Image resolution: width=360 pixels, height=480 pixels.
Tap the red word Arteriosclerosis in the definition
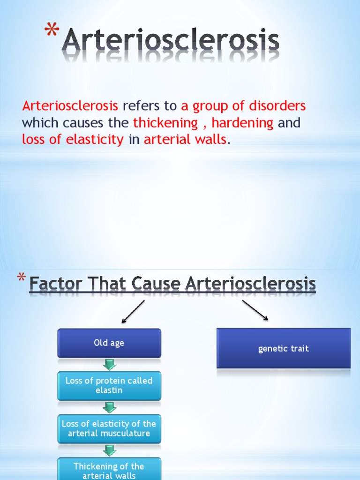(x=70, y=106)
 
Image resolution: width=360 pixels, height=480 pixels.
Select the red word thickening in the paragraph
(x=165, y=123)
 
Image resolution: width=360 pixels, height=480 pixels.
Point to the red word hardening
(x=242, y=123)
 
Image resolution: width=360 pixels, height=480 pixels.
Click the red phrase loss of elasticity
(x=73, y=139)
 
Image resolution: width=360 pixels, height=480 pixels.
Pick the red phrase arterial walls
(x=185, y=139)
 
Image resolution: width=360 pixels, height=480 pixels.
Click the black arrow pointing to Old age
(x=133, y=312)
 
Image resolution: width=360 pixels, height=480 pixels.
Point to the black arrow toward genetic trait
(x=255, y=310)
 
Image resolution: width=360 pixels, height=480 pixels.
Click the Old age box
(x=109, y=343)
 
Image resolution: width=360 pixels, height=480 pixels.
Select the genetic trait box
(x=283, y=348)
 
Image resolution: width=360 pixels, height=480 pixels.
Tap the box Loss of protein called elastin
(x=109, y=385)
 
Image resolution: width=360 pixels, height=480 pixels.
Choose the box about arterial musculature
(x=109, y=428)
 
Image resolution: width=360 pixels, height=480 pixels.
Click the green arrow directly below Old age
(x=109, y=365)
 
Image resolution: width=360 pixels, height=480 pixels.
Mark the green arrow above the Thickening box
(x=109, y=451)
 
